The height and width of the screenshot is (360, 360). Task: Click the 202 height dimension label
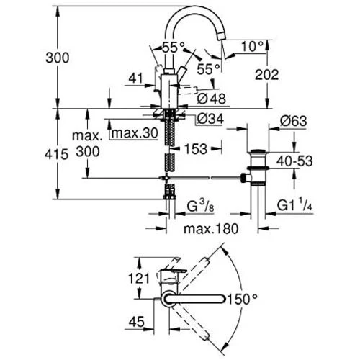pyautogui.click(x=266, y=75)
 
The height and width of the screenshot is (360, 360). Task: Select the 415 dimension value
pyautogui.click(x=57, y=154)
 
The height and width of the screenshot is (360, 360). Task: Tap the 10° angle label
pyautogui.click(x=253, y=47)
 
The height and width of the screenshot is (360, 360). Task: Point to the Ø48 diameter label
pyautogui.click(x=211, y=99)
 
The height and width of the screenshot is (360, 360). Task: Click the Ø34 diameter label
pyautogui.click(x=210, y=119)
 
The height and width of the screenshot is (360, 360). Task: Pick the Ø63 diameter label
pyautogui.click(x=293, y=121)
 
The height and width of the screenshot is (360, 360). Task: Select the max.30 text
pyautogui.click(x=135, y=133)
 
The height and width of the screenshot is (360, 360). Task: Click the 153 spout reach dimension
pyautogui.click(x=196, y=149)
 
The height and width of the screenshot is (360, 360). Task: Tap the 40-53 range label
pyautogui.click(x=294, y=161)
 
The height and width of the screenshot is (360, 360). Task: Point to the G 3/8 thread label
pyautogui.click(x=200, y=206)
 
